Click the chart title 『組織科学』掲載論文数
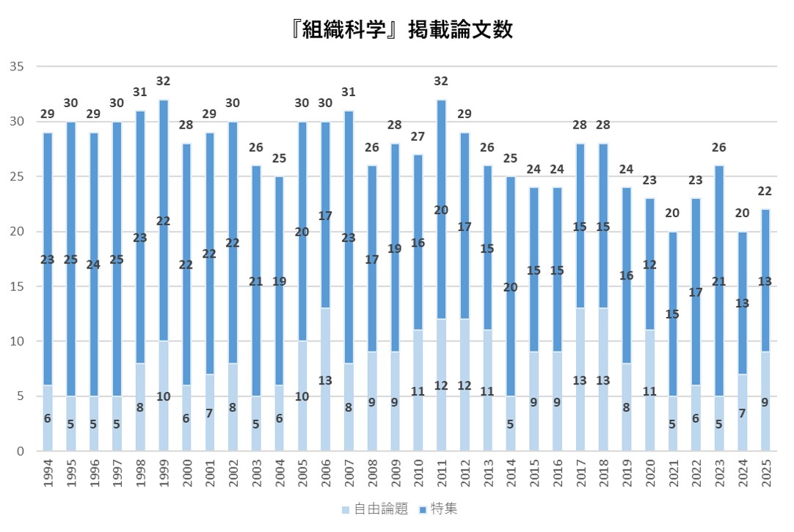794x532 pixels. point(397,29)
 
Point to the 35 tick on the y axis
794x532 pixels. point(18,67)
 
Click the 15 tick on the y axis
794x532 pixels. point(18,287)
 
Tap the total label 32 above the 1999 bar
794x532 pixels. point(164,81)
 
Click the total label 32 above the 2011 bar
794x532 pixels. point(441,81)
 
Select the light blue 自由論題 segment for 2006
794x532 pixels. point(326,411)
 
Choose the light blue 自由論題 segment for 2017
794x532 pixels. point(580,411)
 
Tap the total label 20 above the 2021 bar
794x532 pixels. point(673,213)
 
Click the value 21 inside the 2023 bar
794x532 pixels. point(719,282)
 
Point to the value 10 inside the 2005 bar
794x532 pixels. point(302,396)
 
